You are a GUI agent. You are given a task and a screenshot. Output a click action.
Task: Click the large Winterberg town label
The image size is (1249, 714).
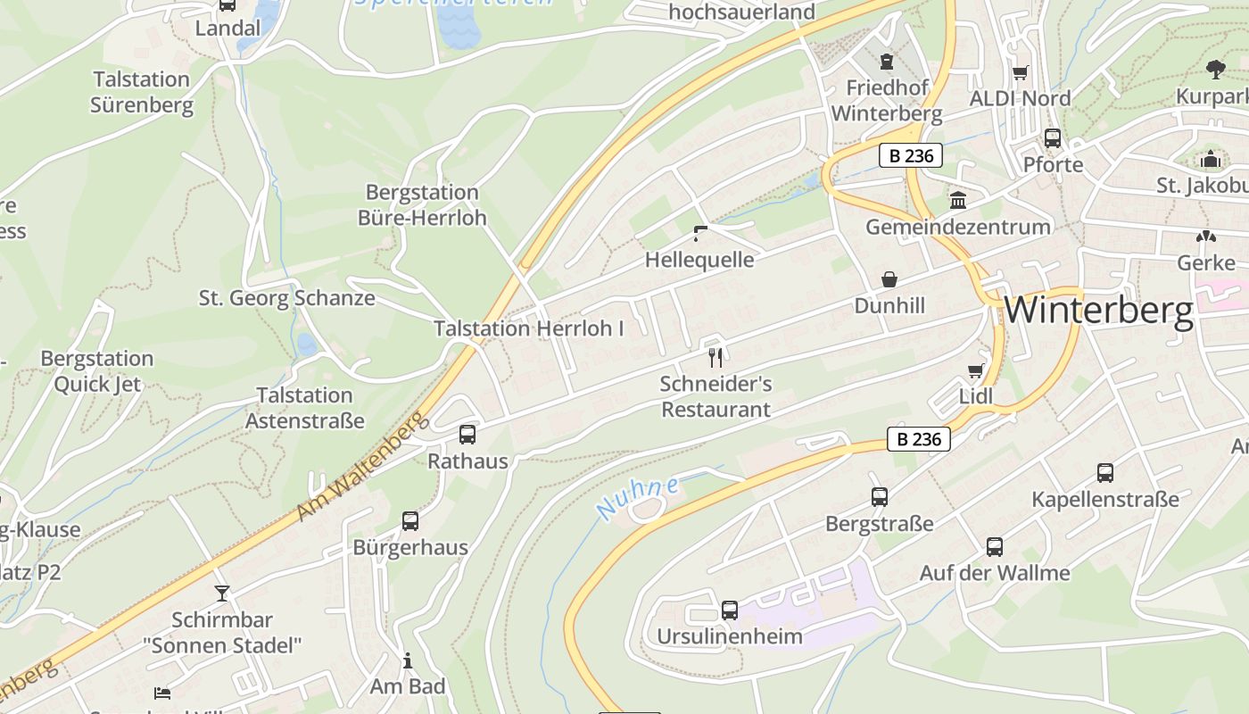coord(1098,311)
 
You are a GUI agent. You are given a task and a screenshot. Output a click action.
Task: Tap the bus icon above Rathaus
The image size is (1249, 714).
coord(467,435)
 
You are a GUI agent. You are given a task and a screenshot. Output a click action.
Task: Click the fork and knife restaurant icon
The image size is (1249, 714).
coord(715,358)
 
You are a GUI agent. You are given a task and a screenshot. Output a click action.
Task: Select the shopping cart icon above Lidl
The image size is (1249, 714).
coord(975,370)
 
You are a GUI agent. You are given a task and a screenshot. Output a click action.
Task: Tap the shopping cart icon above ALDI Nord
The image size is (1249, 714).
coord(1020,72)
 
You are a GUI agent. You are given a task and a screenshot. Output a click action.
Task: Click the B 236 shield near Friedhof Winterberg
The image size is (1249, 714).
coord(910,155)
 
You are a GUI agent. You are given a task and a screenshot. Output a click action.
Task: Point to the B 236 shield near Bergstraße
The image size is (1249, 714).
coord(918,439)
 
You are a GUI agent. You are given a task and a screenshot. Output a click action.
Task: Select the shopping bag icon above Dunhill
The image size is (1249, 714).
coord(889,279)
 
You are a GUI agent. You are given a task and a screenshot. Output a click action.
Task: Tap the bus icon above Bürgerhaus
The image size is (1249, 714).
coord(409,520)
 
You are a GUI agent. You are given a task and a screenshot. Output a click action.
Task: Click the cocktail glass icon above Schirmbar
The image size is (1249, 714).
coord(221,593)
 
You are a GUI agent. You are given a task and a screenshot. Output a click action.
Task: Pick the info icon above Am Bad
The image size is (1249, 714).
coord(408,660)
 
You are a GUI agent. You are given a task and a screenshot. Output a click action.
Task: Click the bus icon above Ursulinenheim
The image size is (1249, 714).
coord(729,610)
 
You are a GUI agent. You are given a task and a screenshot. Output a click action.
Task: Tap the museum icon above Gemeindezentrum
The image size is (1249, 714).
coord(958,200)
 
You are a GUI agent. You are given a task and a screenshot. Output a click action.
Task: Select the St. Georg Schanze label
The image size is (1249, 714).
coord(286,298)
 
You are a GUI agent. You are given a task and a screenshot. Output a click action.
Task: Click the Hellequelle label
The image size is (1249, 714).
coord(699,260)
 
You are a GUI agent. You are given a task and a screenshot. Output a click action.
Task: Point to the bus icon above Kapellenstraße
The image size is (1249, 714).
coord(1104,472)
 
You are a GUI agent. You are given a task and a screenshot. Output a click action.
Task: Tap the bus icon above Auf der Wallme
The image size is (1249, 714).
coord(994,546)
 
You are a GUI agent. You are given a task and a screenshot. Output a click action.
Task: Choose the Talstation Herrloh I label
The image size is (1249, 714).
coord(528,328)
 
